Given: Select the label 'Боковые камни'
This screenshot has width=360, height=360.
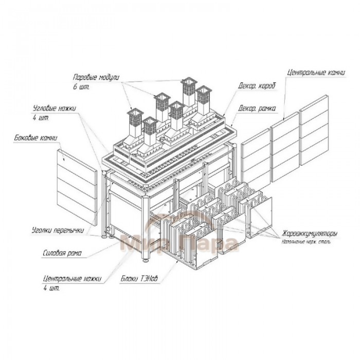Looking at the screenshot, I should click(35, 138).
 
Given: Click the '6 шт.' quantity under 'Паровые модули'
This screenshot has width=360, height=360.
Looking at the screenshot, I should click(81, 87).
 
